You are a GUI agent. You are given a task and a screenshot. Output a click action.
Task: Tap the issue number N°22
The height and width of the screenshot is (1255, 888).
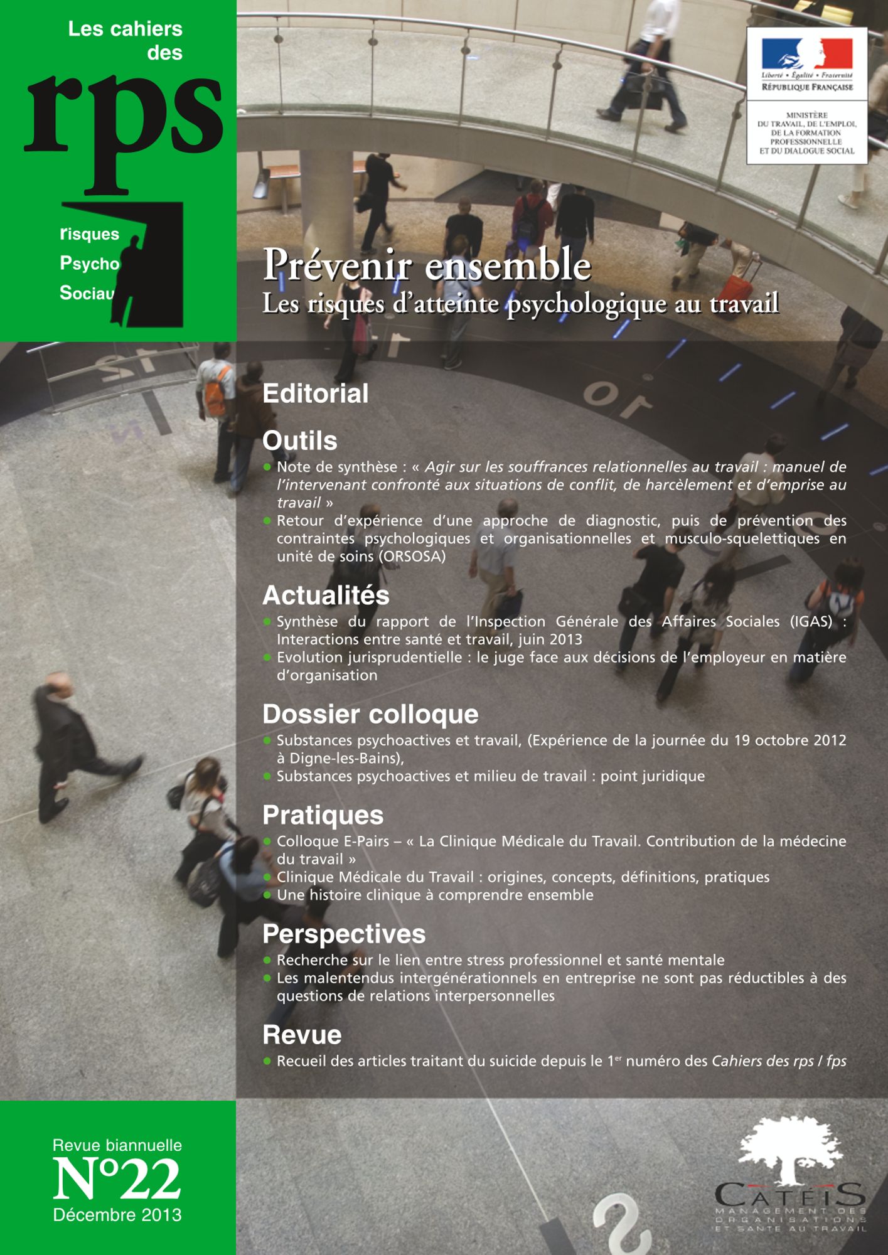click(117, 1179)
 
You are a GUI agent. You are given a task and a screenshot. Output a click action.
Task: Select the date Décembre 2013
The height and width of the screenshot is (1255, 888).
click(117, 1214)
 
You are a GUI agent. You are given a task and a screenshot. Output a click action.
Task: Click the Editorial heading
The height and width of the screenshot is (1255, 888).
click(315, 393)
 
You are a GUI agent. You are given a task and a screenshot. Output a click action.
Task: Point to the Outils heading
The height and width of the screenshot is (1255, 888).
click(299, 441)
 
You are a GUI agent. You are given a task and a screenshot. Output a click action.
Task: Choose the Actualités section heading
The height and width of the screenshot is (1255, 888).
click(326, 595)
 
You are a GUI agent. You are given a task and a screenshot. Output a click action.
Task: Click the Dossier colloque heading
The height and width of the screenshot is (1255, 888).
click(370, 714)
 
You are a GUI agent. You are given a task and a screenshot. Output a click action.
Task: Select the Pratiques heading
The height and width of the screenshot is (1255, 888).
click(323, 815)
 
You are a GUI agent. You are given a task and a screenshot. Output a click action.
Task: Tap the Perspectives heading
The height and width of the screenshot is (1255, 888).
click(344, 934)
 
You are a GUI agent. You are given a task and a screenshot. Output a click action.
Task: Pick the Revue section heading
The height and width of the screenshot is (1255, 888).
click(302, 1035)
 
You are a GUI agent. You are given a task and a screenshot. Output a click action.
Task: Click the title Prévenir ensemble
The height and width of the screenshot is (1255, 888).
click(427, 265)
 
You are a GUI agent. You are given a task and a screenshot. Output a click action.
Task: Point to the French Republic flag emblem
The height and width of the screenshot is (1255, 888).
click(807, 53)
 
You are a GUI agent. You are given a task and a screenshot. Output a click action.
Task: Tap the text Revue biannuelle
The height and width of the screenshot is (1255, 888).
click(117, 1145)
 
